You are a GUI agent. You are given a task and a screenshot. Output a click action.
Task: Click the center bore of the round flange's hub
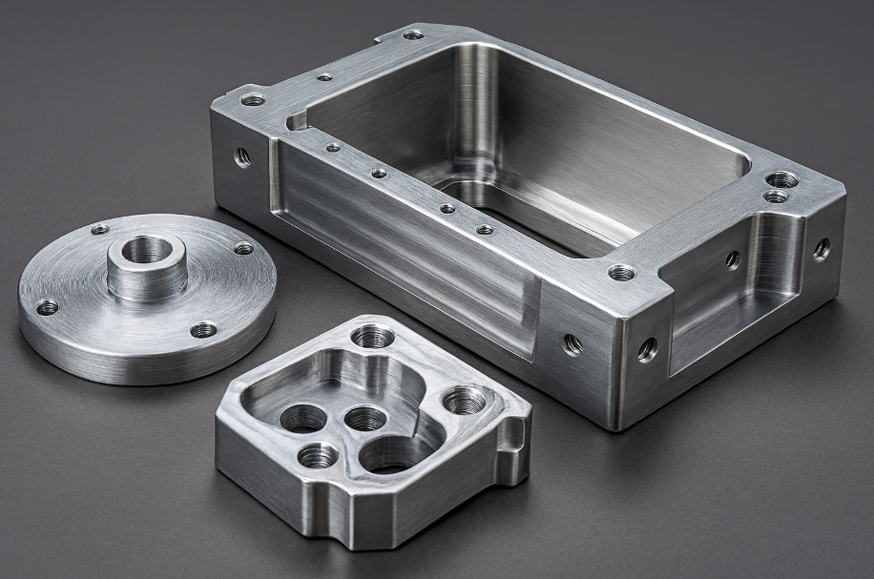click(147, 251)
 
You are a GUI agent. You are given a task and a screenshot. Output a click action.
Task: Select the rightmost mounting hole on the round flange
click(244, 248)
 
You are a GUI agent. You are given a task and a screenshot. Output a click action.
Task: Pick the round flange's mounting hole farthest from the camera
click(99, 229)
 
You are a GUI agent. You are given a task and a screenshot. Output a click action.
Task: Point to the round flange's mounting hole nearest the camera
click(203, 330)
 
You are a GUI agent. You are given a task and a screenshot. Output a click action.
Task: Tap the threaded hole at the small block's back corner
click(372, 337)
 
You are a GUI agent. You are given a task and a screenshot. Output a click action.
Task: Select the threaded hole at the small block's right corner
click(465, 399)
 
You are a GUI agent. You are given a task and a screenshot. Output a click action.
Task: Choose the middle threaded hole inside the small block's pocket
click(364, 418)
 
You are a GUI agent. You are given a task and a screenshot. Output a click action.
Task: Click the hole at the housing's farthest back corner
click(413, 34)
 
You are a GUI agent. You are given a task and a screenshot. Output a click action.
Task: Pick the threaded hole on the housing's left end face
click(242, 155)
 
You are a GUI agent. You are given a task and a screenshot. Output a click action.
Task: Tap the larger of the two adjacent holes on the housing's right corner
click(782, 179)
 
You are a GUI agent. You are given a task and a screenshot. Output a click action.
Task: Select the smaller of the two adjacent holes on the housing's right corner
click(776, 196)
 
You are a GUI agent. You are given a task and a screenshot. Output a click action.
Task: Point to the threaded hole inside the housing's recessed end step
click(733, 258)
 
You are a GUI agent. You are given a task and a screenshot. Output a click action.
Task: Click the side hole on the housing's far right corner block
click(821, 249)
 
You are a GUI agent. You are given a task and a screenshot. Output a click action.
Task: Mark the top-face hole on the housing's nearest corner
click(621, 273)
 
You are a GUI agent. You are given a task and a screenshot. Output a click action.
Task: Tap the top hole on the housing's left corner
click(253, 99)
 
